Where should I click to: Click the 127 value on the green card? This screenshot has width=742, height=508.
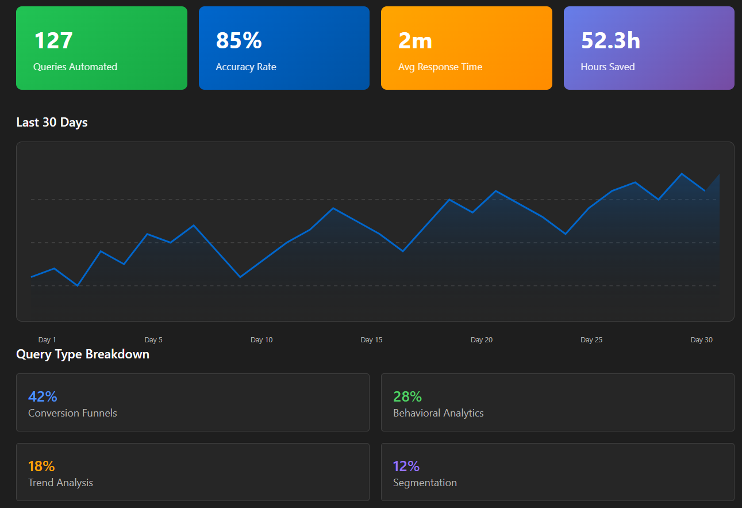(x=53, y=40)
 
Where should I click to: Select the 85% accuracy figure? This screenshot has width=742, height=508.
(x=239, y=40)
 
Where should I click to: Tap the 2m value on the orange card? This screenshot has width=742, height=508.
(x=415, y=41)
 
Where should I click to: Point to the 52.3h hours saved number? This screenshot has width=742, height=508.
(x=610, y=40)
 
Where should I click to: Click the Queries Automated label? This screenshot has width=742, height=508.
(x=75, y=67)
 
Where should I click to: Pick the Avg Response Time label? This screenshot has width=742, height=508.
(x=440, y=67)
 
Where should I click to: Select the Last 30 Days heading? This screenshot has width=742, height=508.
(x=52, y=123)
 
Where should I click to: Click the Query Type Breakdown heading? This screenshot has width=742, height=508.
(x=83, y=354)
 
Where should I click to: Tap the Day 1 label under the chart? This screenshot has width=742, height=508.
(x=47, y=340)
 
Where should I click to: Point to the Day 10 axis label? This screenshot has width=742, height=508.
(x=262, y=340)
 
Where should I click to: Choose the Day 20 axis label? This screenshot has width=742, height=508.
(x=482, y=340)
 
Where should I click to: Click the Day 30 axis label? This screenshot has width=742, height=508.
(x=702, y=340)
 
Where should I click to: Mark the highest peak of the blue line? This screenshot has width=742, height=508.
(x=682, y=173)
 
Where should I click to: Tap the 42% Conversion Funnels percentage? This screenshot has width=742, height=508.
(x=43, y=396)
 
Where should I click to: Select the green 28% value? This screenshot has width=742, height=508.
(x=407, y=396)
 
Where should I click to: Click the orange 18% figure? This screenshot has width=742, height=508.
(x=41, y=466)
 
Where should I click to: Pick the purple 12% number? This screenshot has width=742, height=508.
(x=406, y=466)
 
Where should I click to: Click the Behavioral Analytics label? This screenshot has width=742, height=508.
(x=438, y=413)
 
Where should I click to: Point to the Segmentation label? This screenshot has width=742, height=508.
(x=425, y=483)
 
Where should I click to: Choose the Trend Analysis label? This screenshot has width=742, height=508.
(x=60, y=483)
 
